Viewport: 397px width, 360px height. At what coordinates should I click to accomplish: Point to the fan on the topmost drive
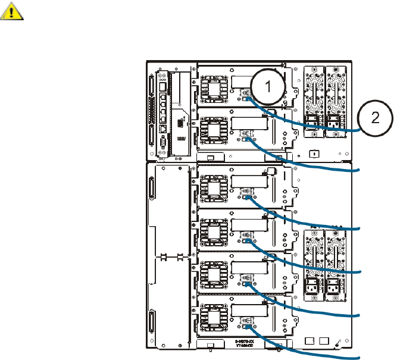point(213,89)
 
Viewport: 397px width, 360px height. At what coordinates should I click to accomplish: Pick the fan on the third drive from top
point(212,189)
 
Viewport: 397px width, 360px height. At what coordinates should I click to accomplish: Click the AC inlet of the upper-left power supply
point(311,124)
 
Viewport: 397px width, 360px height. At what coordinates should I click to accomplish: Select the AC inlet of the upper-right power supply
point(333,124)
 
